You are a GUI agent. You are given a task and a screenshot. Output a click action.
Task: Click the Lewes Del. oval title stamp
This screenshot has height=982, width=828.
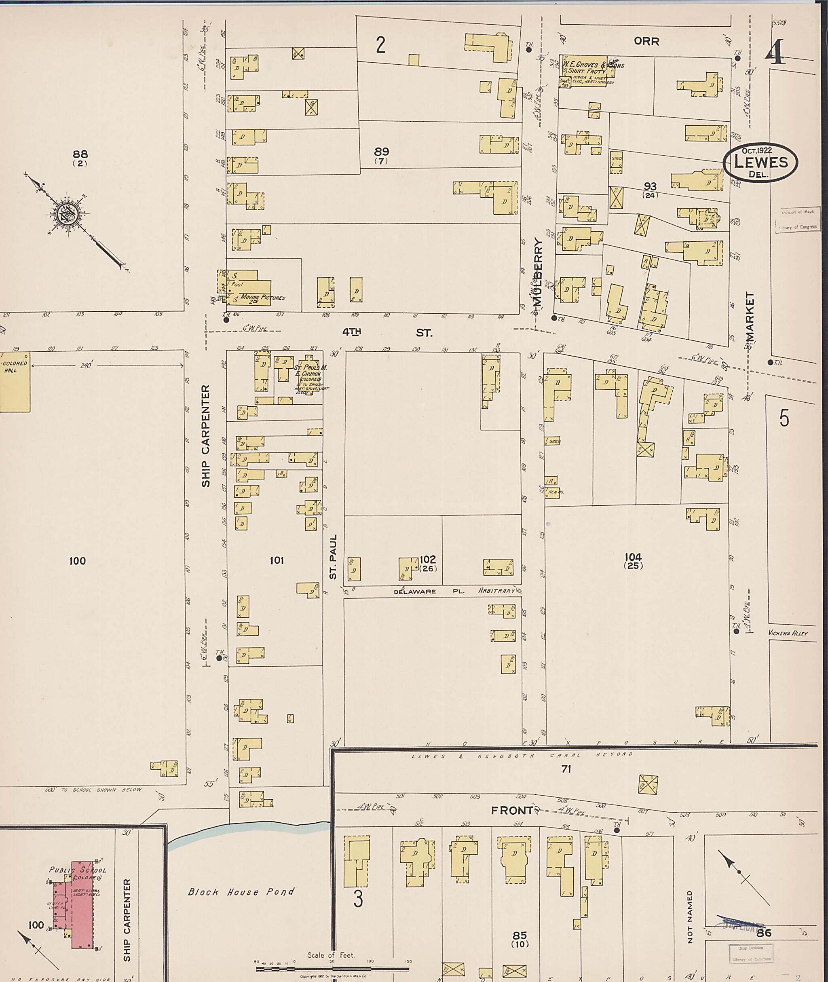760,163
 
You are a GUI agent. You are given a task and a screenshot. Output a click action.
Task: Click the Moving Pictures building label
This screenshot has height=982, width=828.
262,298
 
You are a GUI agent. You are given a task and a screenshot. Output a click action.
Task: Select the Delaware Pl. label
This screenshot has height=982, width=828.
428,591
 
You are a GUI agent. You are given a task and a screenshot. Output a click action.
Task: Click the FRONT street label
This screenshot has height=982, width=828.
511,811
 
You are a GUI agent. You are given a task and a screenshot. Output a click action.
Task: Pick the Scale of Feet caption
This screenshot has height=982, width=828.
331,955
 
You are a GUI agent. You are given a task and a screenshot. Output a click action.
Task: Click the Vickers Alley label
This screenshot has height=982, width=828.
788,633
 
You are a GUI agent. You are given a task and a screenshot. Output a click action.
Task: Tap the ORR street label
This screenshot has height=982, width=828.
646,41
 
